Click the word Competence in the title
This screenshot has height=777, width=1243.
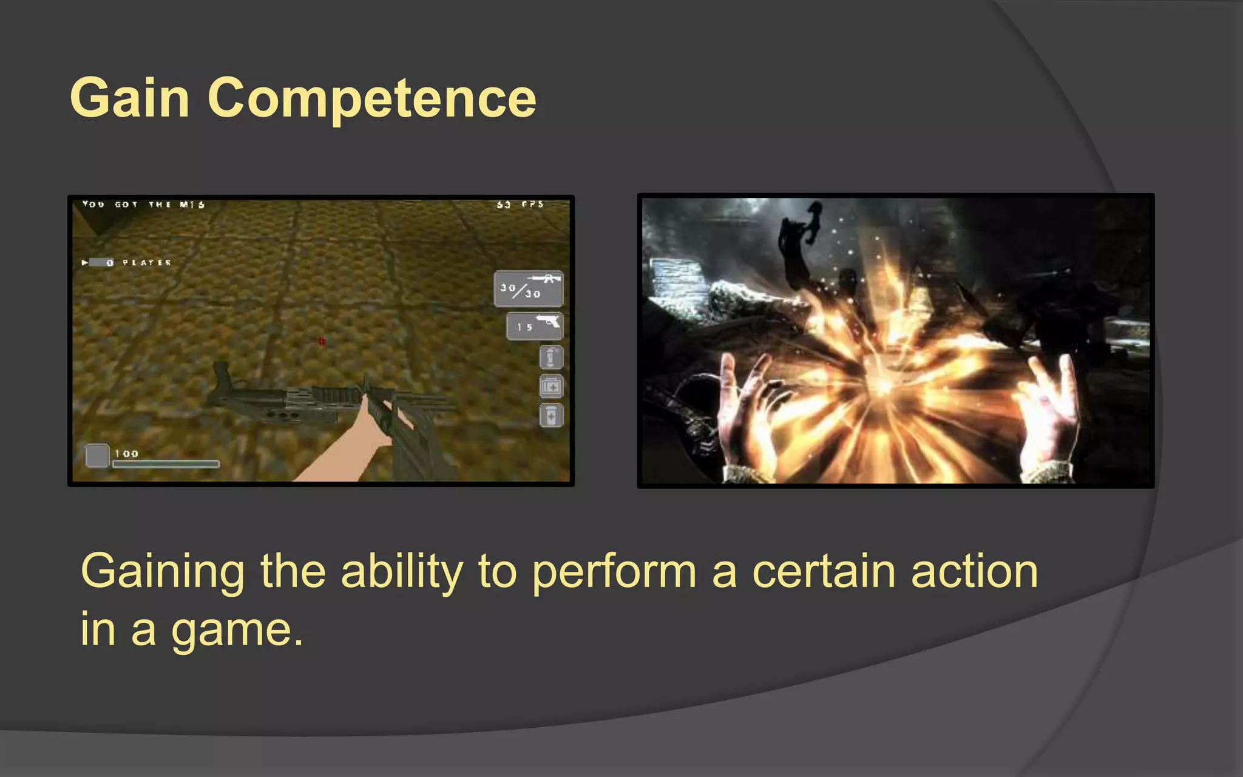pyautogui.click(x=371, y=99)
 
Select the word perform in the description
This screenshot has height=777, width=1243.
pyautogui.click(x=614, y=572)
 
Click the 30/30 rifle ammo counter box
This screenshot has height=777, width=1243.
pyautogui.click(x=528, y=288)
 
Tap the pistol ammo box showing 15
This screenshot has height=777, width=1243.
pyautogui.click(x=534, y=326)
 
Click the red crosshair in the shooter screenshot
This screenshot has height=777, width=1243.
pyautogui.click(x=322, y=341)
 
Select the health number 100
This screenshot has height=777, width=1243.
pyautogui.click(x=126, y=453)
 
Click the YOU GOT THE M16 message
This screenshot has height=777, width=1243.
pyautogui.click(x=143, y=205)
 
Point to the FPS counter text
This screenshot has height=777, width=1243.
pyautogui.click(x=520, y=205)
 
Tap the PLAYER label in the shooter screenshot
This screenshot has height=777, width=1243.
pyautogui.click(x=147, y=263)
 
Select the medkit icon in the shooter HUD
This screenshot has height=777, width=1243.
pyautogui.click(x=551, y=386)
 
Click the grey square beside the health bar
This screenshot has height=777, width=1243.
pyautogui.click(x=97, y=455)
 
